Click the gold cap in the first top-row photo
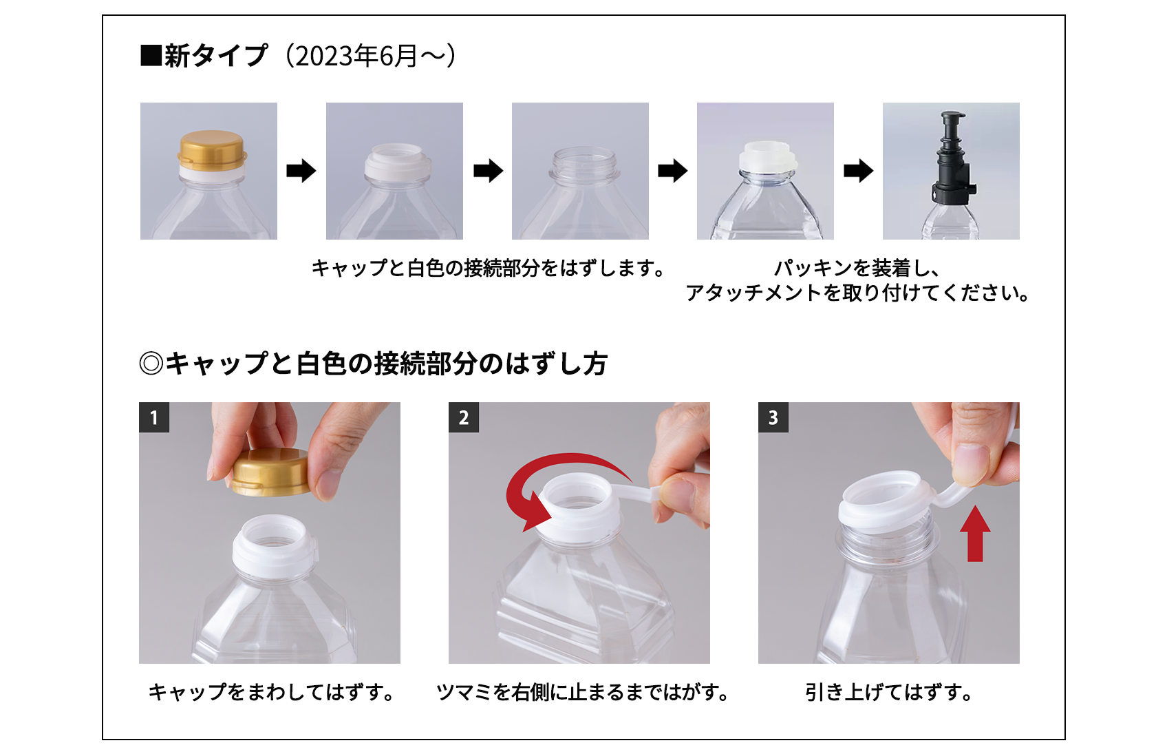211,150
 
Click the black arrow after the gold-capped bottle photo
301,171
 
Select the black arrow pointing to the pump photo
858,171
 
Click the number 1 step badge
153,417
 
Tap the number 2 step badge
464,417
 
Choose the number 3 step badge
773,417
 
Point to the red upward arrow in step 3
975,533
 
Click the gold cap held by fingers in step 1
271,472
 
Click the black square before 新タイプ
151,56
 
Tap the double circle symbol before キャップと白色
151,363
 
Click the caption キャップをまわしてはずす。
271,693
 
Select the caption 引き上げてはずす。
889,693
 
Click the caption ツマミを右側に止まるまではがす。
582,693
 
